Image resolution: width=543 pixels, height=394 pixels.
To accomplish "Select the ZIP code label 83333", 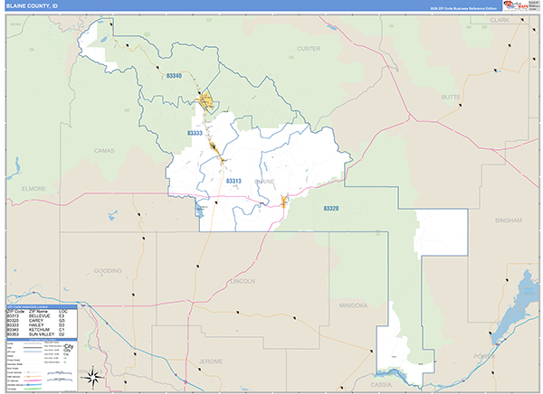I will [x=195, y=133].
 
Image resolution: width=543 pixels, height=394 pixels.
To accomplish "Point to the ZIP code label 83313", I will [x=233, y=181].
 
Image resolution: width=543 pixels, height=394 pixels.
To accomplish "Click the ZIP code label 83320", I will [x=330, y=208].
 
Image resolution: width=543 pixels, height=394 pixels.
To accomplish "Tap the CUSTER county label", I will [x=309, y=47].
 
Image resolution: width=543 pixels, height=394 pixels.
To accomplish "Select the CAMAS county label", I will [x=106, y=151].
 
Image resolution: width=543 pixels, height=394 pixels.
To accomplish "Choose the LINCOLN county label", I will [x=243, y=281].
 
